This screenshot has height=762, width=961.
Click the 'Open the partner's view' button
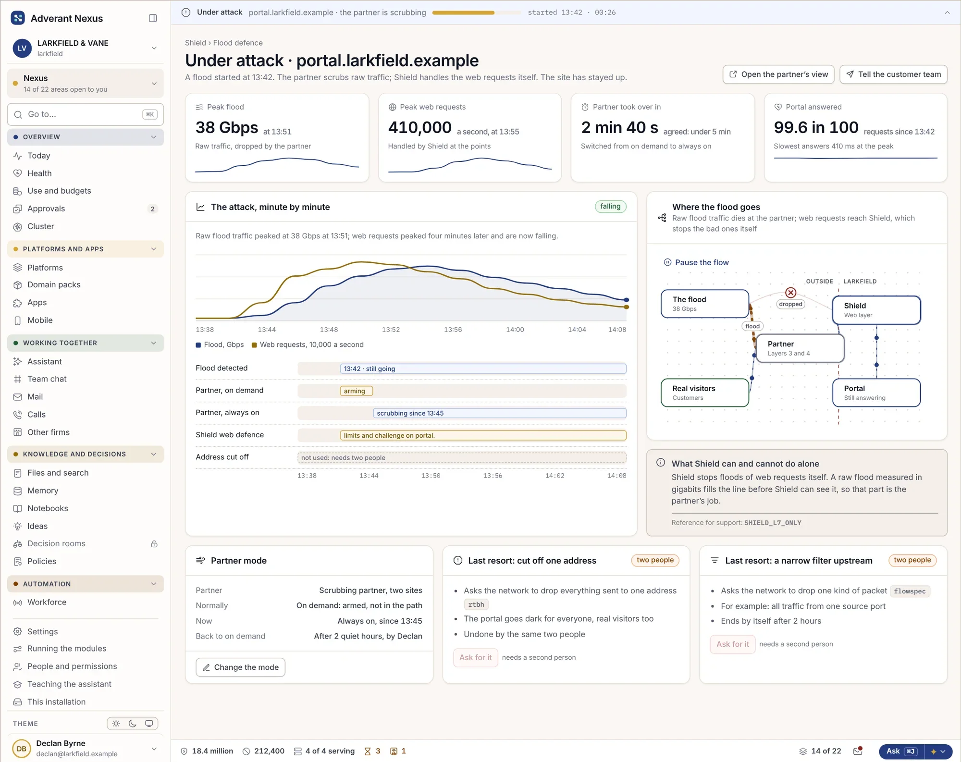778,74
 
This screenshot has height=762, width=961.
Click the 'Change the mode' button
240,667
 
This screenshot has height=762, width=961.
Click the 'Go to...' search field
86,114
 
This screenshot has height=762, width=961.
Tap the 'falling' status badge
610,206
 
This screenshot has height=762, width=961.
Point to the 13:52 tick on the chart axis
391,330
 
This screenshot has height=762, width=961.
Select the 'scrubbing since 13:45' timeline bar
500,413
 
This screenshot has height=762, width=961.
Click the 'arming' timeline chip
356,391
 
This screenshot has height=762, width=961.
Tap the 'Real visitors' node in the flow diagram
704,393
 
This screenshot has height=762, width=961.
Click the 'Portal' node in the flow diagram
876,393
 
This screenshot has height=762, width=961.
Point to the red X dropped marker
791,293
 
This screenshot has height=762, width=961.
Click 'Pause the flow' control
696,262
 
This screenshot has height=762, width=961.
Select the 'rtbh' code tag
476,604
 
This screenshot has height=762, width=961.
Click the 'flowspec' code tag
910,591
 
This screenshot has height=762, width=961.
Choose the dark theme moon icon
133,724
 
